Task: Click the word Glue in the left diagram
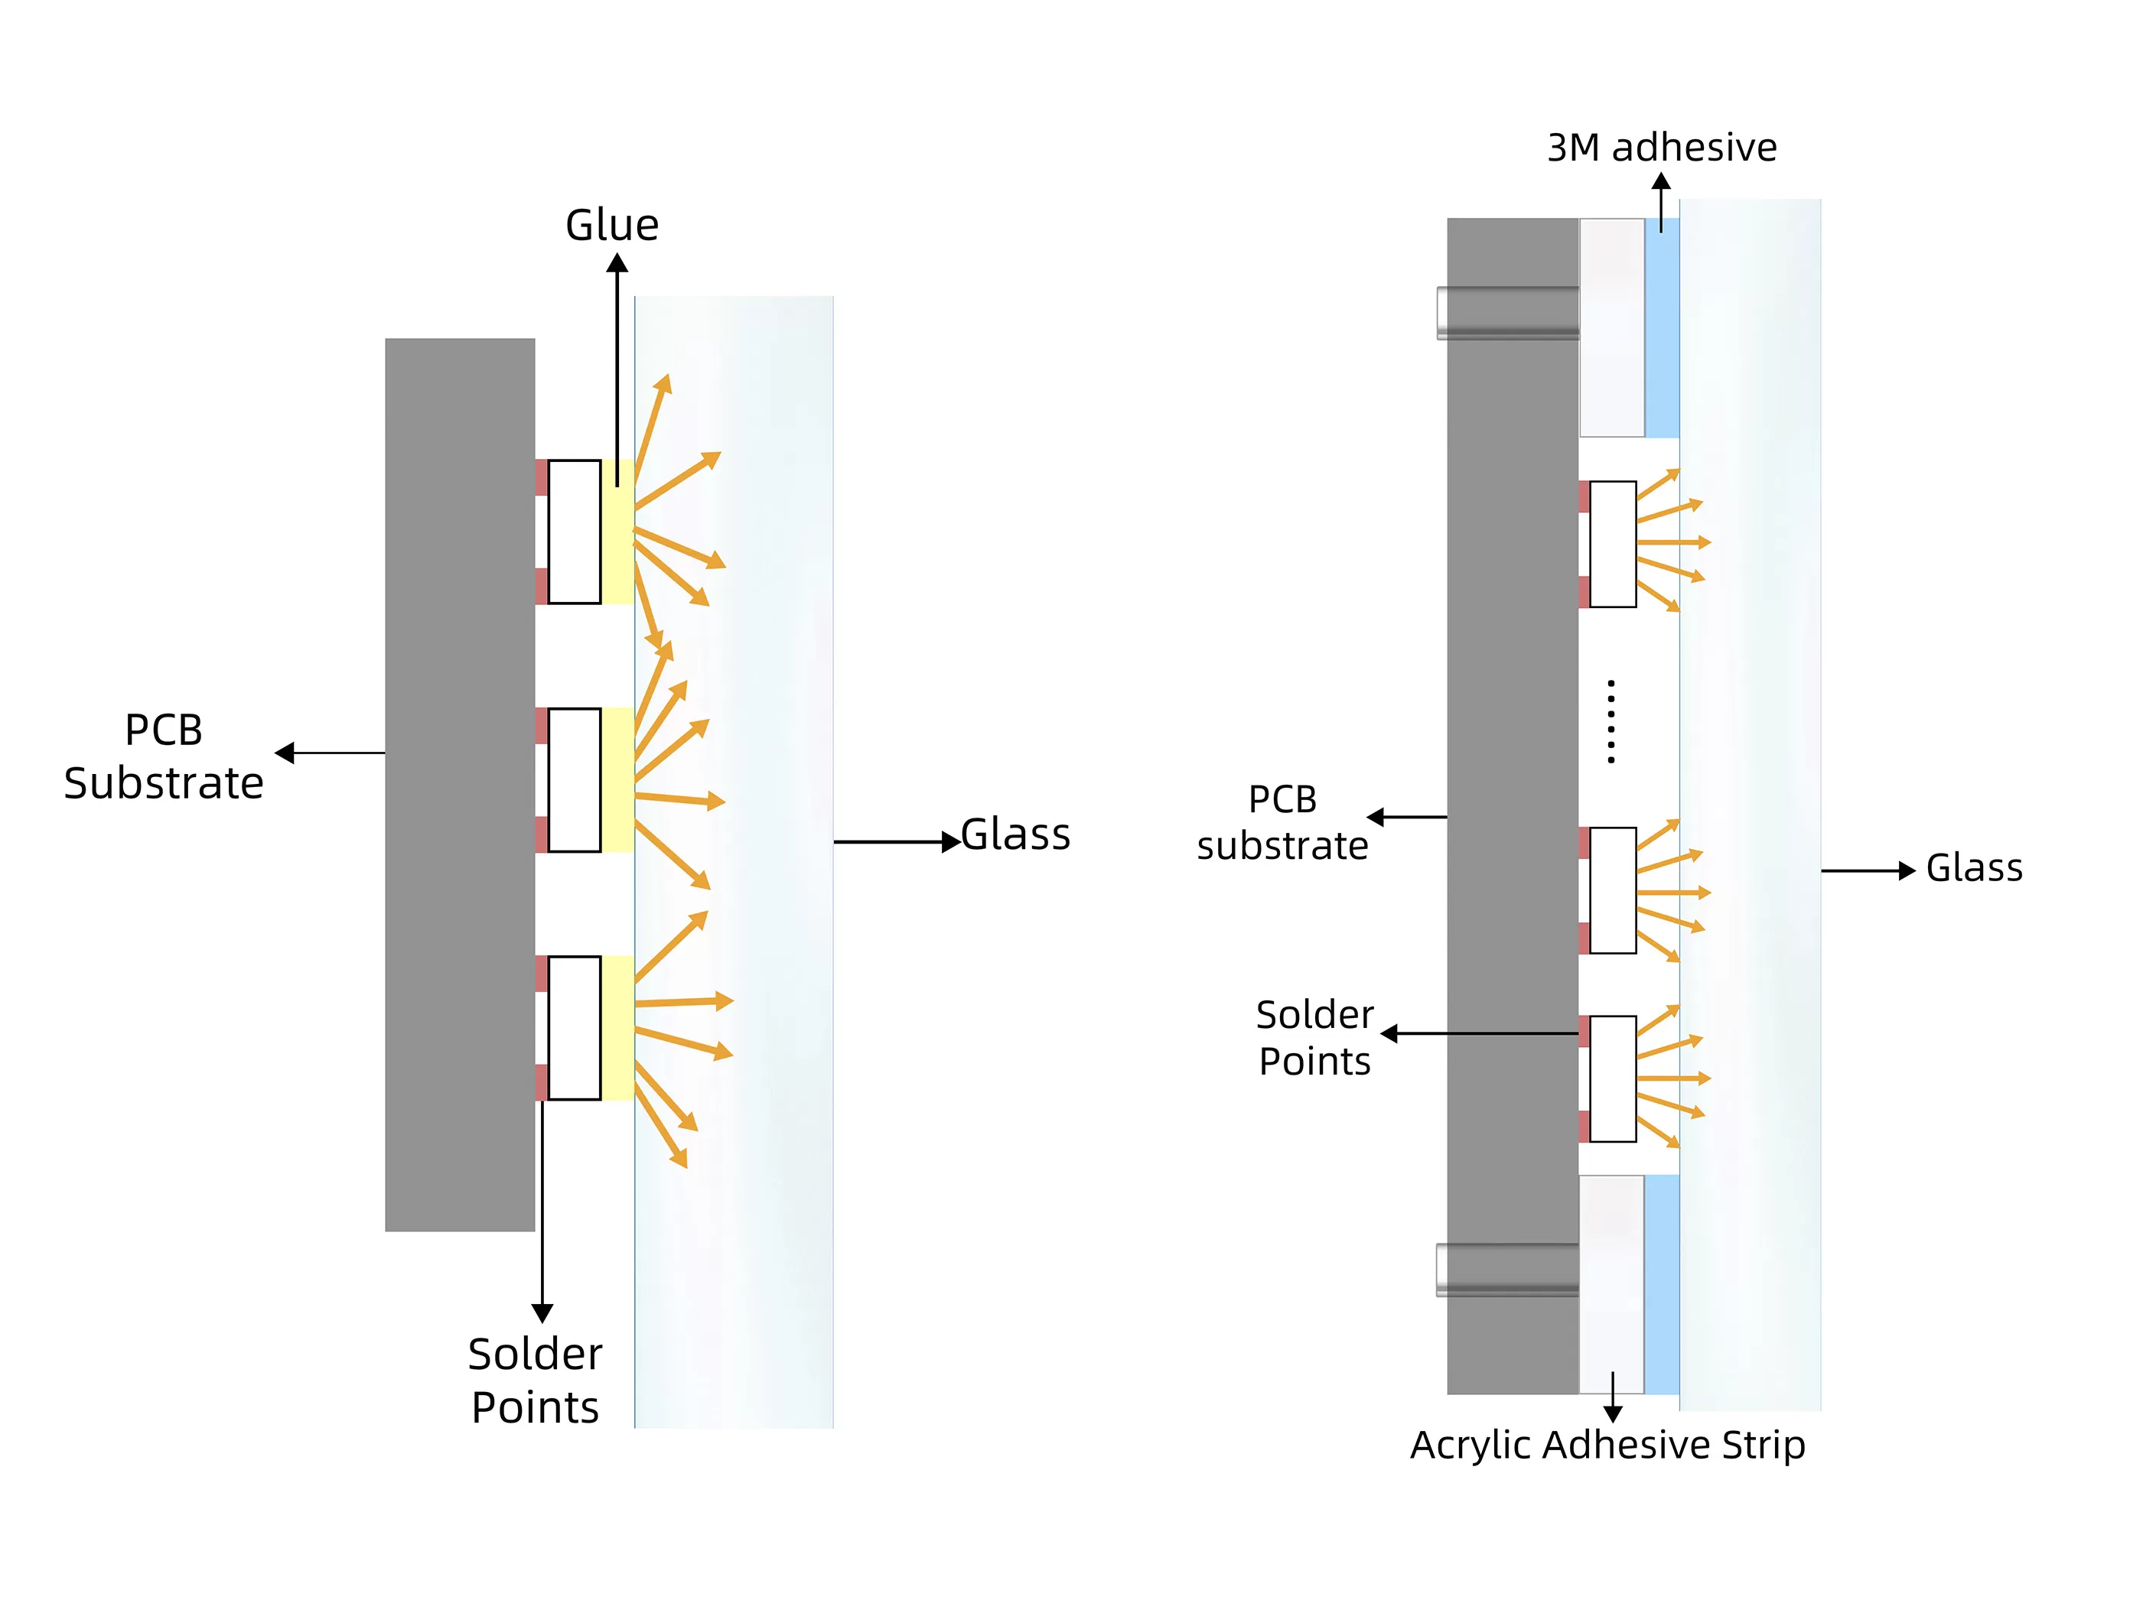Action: [611, 226]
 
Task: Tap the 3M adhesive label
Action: [1661, 148]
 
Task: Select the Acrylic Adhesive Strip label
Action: [1607, 1445]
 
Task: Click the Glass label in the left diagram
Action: [1016, 834]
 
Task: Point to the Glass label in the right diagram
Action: [1973, 868]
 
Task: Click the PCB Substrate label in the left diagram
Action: [164, 756]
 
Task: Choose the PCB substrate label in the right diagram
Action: [1282, 822]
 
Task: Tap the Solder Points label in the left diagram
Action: [536, 1381]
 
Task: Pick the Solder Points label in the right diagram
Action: [1315, 1038]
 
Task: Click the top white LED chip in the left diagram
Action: [574, 532]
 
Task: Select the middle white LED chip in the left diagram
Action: [574, 779]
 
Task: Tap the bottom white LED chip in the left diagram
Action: [574, 1028]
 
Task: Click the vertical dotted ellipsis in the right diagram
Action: [1611, 722]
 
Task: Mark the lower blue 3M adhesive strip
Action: [1661, 1283]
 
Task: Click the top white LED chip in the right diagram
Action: [1613, 544]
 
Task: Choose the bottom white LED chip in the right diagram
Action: [1613, 1079]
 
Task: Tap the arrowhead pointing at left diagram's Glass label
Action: [950, 841]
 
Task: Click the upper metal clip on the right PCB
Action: [1507, 313]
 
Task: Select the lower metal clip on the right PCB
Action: [1507, 1270]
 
